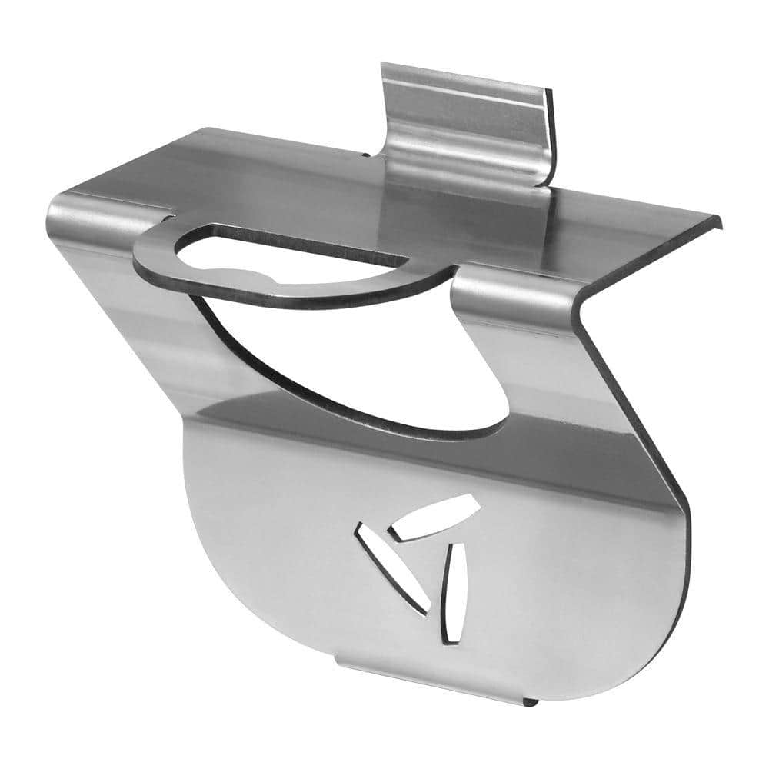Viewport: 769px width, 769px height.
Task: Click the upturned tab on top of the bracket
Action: click(465, 115)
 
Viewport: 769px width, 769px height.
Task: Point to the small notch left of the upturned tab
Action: click(366, 155)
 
